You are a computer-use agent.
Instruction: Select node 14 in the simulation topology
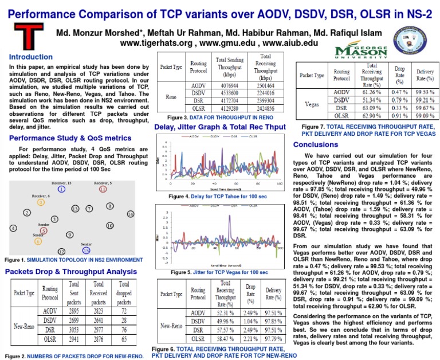pyautogui.click(x=130, y=214)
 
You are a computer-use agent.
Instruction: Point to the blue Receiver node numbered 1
pyautogui.click(x=62, y=189)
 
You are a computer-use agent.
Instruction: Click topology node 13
pyautogui.click(x=74, y=209)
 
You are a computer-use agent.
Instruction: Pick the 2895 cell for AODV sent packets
pyautogui.click(x=73, y=310)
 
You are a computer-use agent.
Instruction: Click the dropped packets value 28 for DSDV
pyautogui.click(x=123, y=320)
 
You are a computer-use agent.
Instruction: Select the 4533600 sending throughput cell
pyautogui.click(x=228, y=92)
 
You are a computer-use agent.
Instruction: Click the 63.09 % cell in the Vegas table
pyautogui.click(x=372, y=107)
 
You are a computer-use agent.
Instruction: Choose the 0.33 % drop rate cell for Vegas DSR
pyautogui.click(x=399, y=107)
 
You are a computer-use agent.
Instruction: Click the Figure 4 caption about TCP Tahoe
pyautogui.click(x=218, y=197)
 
